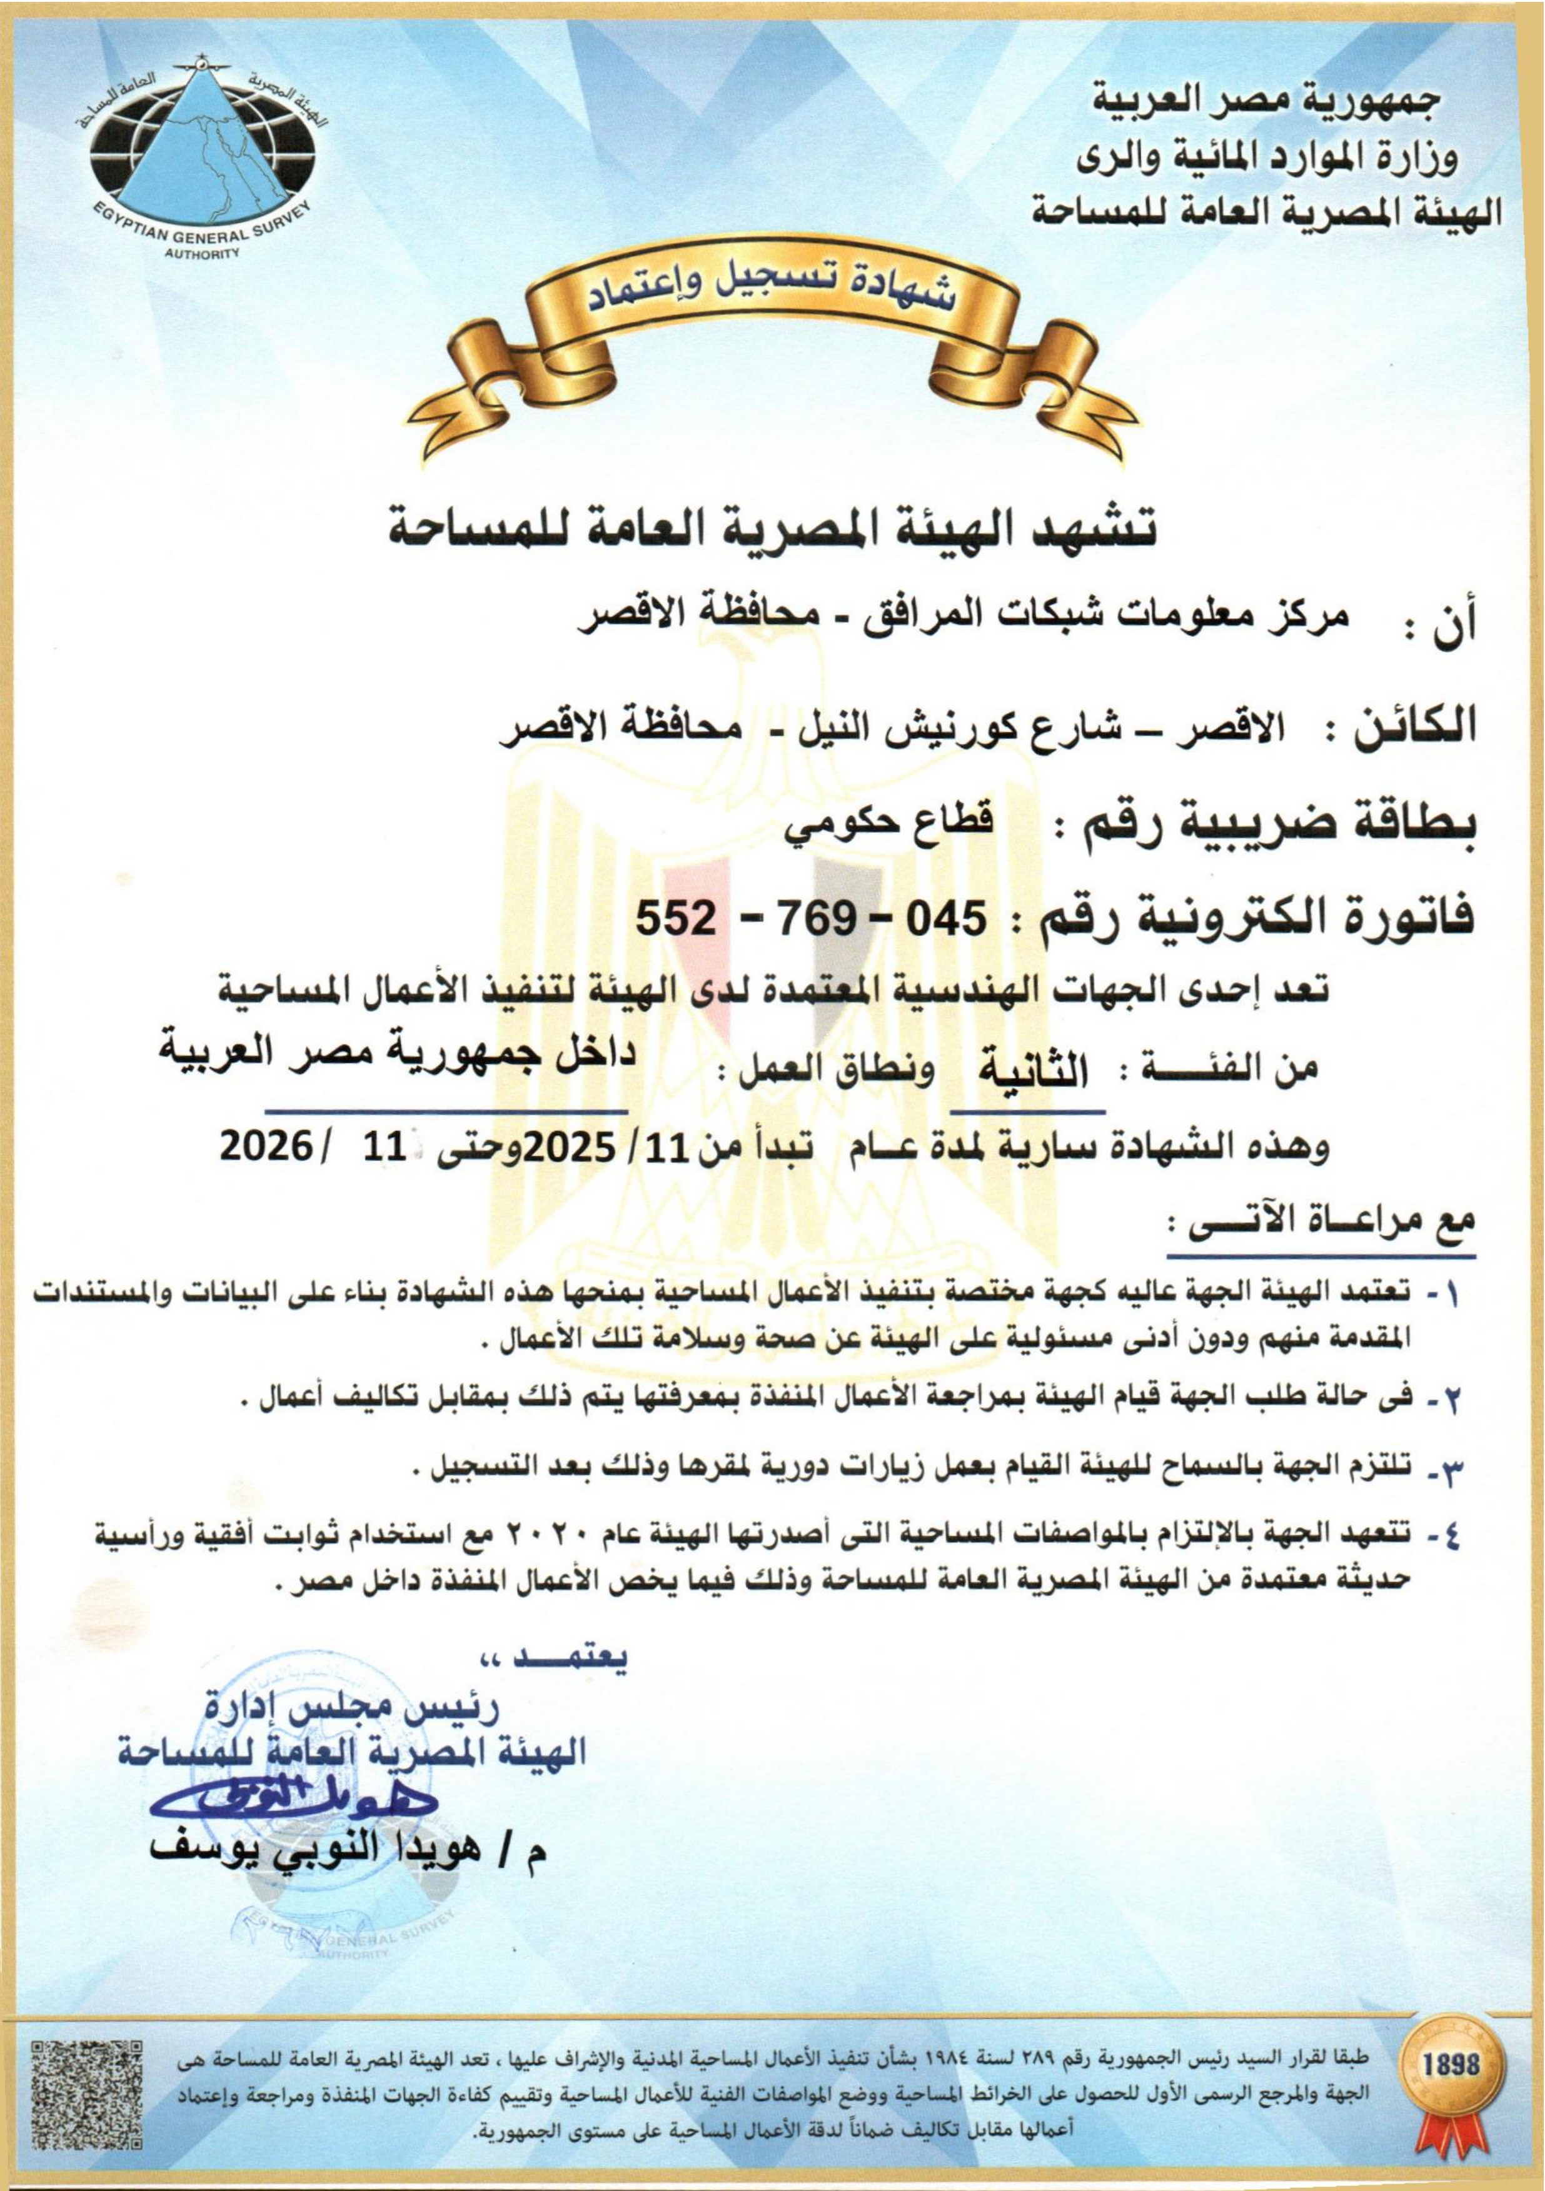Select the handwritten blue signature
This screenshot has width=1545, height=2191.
coord(292,1799)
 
